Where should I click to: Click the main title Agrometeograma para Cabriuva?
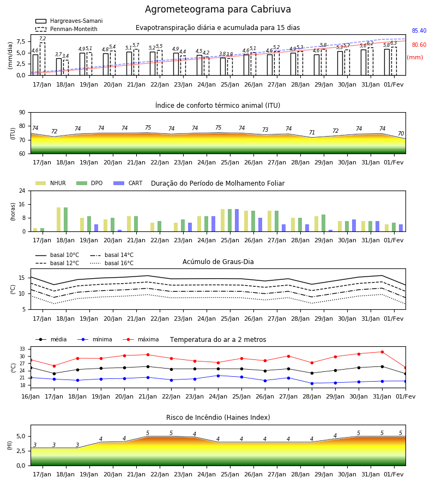pos(217,9)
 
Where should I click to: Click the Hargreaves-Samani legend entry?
pos(69,21)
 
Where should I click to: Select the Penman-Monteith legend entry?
pos(66,29)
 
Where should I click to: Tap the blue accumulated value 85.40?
pos(419,30)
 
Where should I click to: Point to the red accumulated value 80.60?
pos(419,45)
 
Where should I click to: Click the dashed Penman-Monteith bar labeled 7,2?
pos(42,59)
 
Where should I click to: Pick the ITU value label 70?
pos(401,133)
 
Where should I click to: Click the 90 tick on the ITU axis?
pos(22,113)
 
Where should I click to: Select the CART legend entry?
pos(128,183)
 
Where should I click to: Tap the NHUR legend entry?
pos(51,183)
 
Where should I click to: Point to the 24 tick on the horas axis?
pos(22,191)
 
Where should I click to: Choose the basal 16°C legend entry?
pos(112,263)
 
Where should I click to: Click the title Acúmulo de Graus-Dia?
pos(218,261)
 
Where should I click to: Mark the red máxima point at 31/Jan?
pos(382,352)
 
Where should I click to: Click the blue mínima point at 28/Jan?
pos(312,383)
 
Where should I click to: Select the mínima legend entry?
pos(95,339)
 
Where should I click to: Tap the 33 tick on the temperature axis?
pos(22,349)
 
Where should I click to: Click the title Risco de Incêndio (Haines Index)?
pos(218,417)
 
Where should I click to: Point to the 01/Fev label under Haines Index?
pos(394,474)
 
